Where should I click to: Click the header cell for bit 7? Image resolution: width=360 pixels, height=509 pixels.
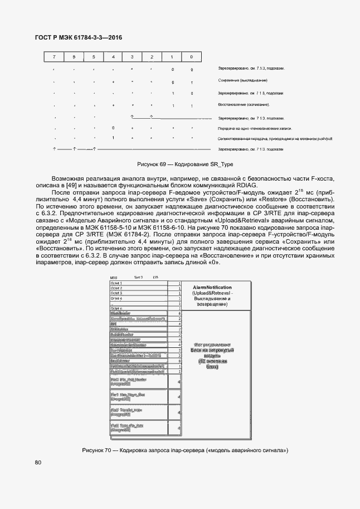[x=54, y=57]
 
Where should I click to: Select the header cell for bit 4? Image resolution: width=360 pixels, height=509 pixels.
[x=113, y=57]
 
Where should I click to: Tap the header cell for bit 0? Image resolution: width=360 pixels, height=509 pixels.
[x=192, y=57]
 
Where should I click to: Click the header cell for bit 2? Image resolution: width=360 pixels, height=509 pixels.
[x=152, y=57]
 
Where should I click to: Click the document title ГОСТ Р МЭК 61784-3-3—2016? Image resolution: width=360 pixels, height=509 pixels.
[x=79, y=38]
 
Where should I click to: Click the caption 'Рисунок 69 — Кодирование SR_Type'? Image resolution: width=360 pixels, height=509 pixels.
[x=185, y=166]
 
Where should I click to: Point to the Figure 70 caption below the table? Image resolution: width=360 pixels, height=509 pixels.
[x=186, y=450]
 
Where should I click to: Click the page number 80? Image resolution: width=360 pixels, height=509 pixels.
[x=38, y=463]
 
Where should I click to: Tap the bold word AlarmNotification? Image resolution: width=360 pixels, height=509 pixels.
[x=212, y=287]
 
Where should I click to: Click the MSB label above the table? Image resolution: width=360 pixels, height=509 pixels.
[x=114, y=278]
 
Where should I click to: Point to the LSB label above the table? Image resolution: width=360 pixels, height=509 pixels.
[x=155, y=277]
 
